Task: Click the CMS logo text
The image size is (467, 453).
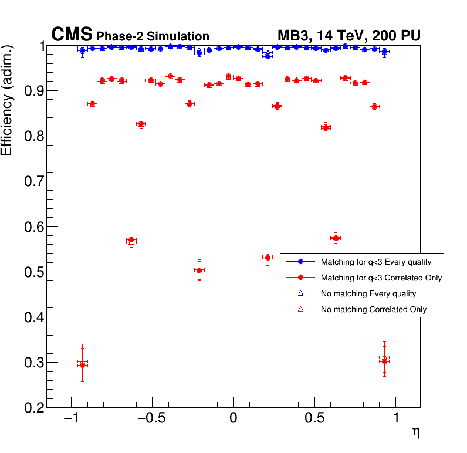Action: (72, 35)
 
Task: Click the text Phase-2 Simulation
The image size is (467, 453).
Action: (153, 36)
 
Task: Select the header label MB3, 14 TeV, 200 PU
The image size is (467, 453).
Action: (348, 36)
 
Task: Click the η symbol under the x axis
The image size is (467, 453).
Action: (415, 432)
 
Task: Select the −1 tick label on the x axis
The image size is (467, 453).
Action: (71, 418)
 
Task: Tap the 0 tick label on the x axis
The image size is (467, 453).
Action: (233, 418)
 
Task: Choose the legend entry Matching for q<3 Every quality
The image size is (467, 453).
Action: (376, 262)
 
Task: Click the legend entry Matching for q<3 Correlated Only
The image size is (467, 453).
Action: (381, 278)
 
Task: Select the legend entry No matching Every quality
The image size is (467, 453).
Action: (368, 293)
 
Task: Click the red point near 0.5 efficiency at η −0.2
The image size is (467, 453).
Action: (199, 271)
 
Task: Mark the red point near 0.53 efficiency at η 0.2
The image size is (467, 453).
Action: (268, 258)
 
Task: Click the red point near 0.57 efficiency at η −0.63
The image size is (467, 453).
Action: (131, 241)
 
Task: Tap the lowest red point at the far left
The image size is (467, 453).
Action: (82, 365)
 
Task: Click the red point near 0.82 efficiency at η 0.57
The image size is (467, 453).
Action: (326, 128)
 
